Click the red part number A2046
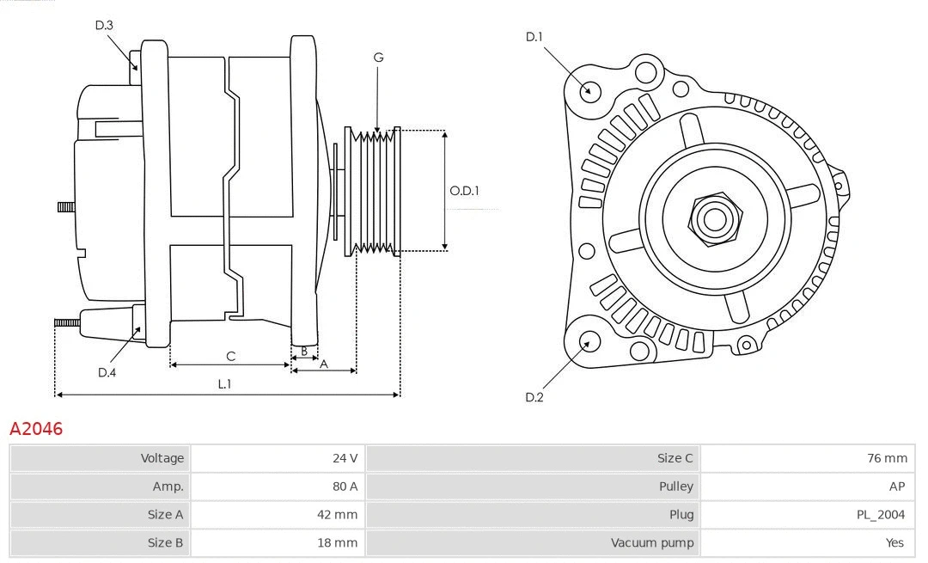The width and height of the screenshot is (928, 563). click(36, 429)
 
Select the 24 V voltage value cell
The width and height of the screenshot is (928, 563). click(345, 458)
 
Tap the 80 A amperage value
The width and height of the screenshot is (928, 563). click(345, 487)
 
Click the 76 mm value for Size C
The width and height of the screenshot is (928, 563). click(887, 458)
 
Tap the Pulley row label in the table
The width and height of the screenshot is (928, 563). click(675, 487)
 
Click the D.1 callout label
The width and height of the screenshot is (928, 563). click(534, 36)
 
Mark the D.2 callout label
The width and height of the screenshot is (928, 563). click(534, 397)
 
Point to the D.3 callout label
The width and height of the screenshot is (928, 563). click(104, 25)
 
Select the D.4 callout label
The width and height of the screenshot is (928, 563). click(107, 372)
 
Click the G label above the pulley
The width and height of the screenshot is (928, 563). click(378, 58)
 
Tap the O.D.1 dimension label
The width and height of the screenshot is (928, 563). click(465, 191)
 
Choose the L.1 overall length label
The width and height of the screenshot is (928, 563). click(224, 384)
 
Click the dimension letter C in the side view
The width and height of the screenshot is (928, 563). click(230, 356)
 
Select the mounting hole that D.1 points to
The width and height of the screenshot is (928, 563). click(590, 90)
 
